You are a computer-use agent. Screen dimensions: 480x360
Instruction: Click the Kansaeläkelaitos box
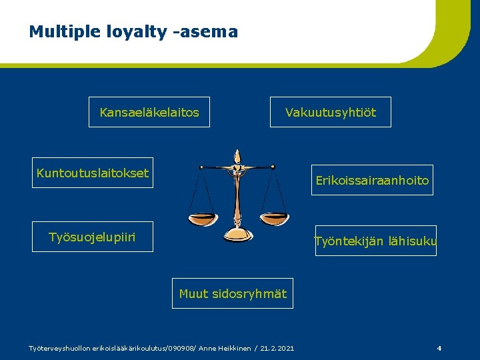149,113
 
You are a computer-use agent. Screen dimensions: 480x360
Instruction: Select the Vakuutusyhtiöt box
330,113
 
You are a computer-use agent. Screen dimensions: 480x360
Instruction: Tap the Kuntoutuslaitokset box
93,173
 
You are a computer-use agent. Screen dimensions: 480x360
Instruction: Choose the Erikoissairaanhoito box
372,180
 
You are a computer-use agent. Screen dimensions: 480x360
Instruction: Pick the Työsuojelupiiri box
93,237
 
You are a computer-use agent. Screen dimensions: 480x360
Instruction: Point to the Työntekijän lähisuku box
375,241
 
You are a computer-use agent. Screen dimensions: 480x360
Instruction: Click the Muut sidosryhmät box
233,293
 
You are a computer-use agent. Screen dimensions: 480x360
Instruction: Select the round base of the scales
237,234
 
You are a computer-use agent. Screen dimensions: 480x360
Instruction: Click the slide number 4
439,348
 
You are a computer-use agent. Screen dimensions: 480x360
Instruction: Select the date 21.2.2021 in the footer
277,348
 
